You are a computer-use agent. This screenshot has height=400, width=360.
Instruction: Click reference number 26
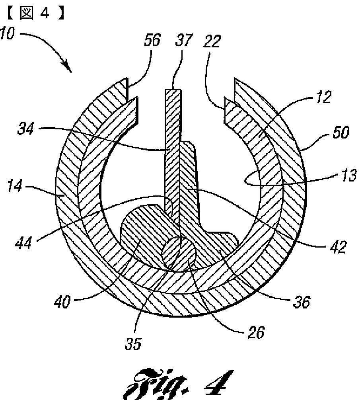coord(255,333)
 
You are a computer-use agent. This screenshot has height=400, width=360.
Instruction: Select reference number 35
coord(133,344)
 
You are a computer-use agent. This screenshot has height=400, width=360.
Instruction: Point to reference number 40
coord(63,302)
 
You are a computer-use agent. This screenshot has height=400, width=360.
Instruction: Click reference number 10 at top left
coord(7,34)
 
